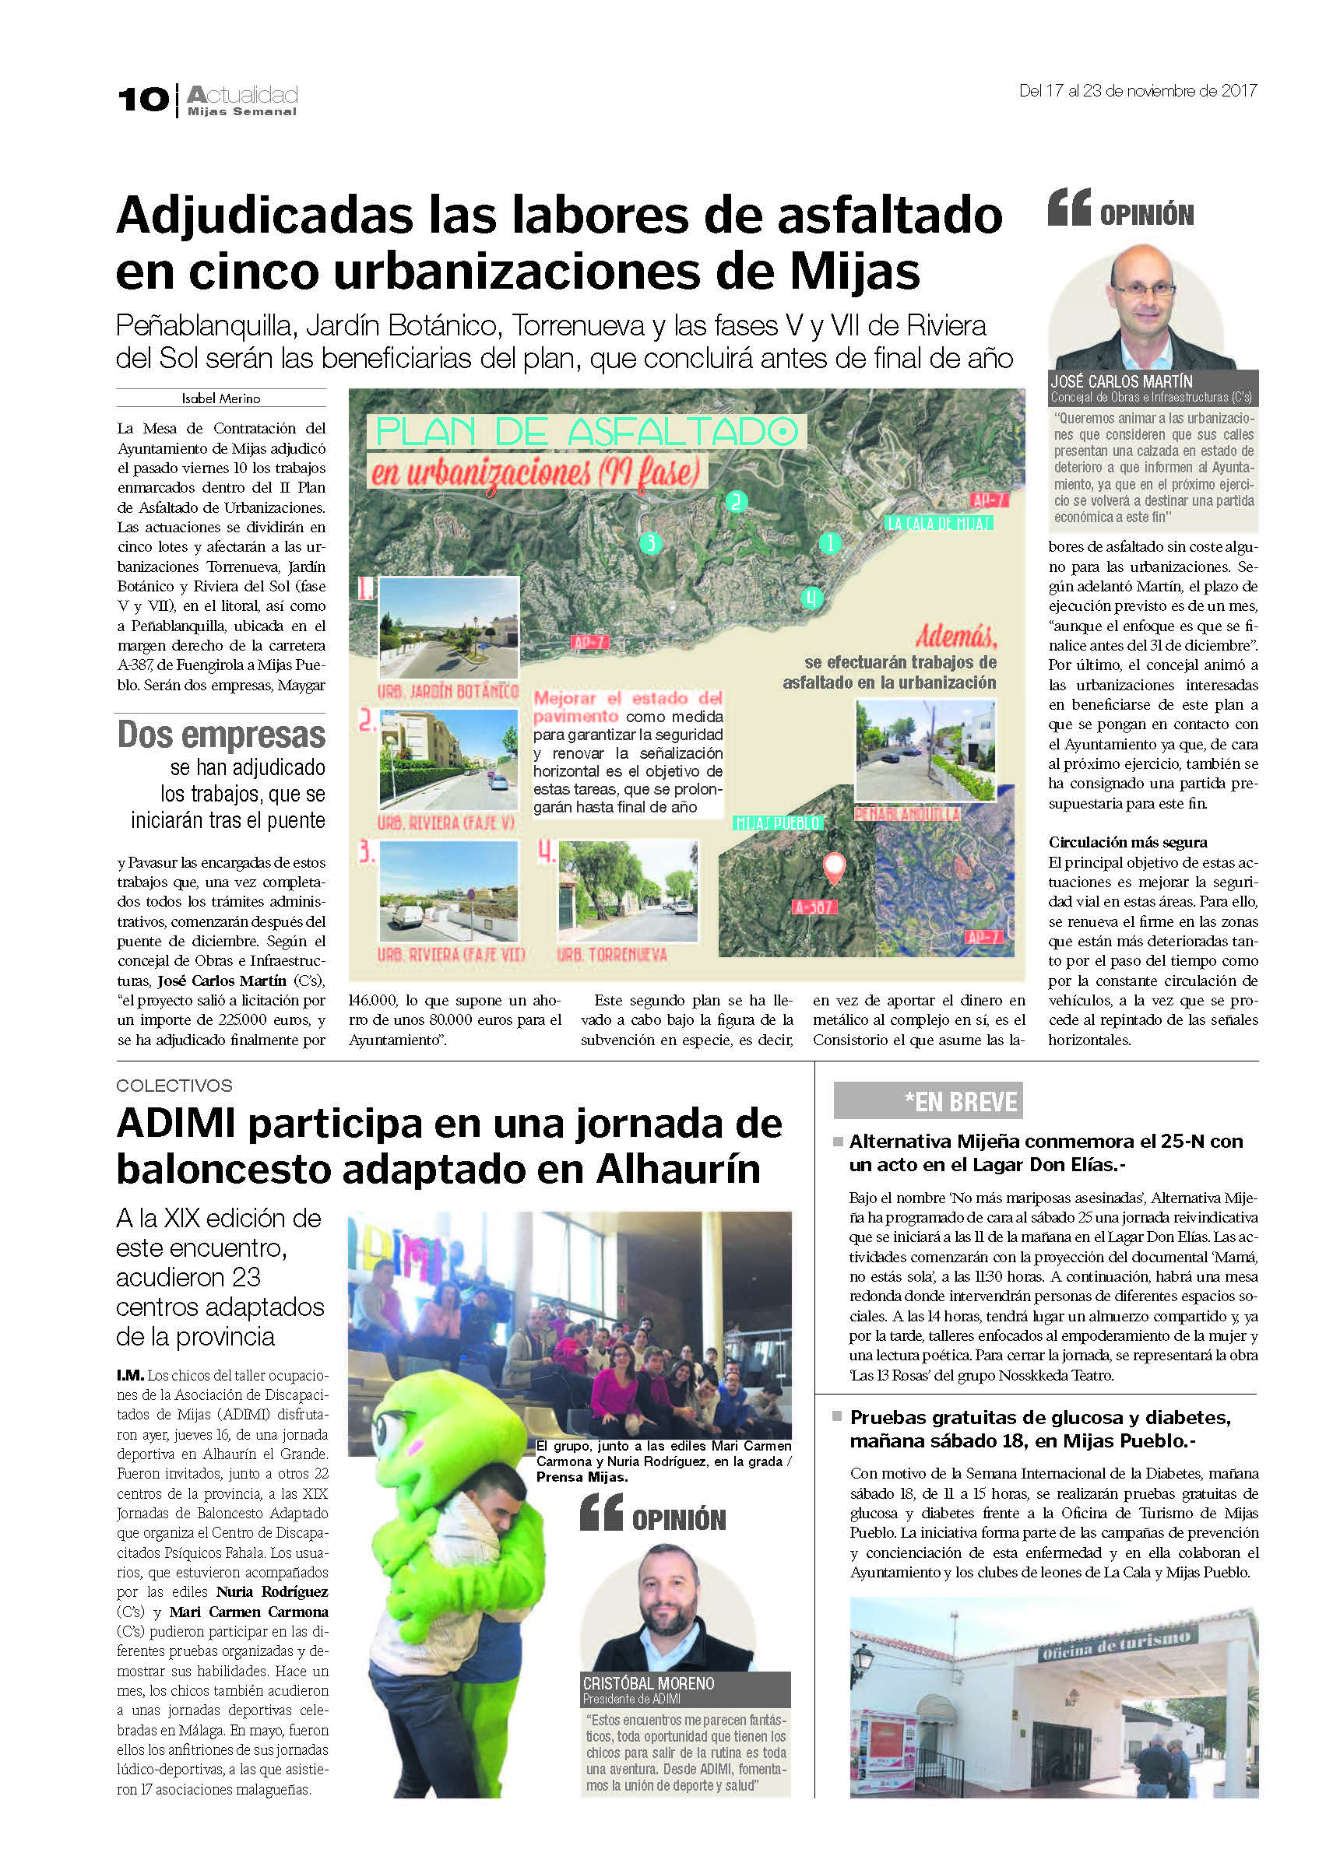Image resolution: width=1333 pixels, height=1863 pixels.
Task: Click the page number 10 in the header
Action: pyautogui.click(x=142, y=100)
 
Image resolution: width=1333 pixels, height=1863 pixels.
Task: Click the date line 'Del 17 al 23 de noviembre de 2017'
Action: pyautogui.click(x=1137, y=91)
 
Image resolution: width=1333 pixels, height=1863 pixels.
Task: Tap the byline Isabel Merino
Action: pyautogui.click(x=221, y=398)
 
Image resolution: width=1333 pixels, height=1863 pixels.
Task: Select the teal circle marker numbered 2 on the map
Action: pyautogui.click(x=736, y=501)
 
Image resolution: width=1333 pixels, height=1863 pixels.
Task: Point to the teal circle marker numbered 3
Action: pyautogui.click(x=651, y=542)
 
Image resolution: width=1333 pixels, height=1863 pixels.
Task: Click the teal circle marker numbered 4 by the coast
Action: pyautogui.click(x=811, y=598)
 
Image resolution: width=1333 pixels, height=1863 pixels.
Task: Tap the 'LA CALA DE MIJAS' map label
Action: pyautogui.click(x=939, y=523)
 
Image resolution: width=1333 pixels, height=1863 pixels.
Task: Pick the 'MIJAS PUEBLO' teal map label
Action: pyautogui.click(x=778, y=823)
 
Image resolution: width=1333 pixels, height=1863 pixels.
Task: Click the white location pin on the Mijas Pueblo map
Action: pyautogui.click(x=834, y=866)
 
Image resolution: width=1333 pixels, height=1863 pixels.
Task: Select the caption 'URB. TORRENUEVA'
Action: pyautogui.click(x=611, y=955)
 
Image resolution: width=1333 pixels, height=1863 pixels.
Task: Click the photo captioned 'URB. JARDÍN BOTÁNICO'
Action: pyautogui.click(x=448, y=626)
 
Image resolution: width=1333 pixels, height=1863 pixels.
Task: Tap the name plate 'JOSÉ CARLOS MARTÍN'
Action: pyautogui.click(x=1121, y=381)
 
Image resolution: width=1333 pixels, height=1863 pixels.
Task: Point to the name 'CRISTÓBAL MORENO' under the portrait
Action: pyautogui.click(x=649, y=1683)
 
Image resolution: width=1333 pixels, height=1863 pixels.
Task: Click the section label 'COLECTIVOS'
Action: pyautogui.click(x=174, y=1086)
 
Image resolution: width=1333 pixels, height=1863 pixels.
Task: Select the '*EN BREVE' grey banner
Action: pyautogui.click(x=927, y=1101)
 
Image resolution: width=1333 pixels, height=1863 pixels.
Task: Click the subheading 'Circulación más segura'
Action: pyautogui.click(x=1127, y=843)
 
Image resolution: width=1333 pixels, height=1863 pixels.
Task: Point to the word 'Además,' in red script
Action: pyautogui.click(x=955, y=637)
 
